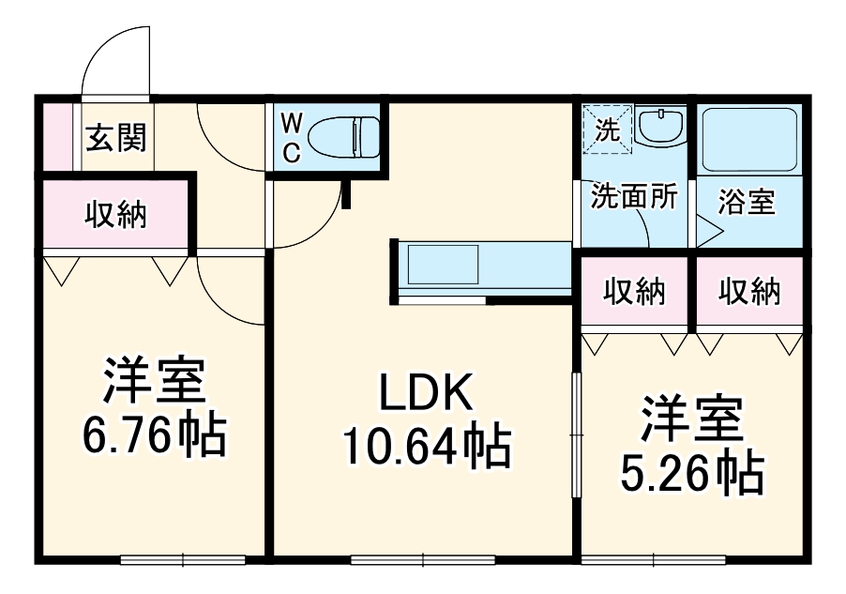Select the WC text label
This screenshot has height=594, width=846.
[292, 137]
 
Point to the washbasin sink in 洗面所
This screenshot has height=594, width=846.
[662, 126]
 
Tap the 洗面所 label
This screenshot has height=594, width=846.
[633, 198]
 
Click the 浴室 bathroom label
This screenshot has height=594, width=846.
[748, 202]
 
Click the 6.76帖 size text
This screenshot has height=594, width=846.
[154, 434]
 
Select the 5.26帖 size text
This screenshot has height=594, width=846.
[691, 474]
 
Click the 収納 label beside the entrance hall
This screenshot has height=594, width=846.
[116, 214]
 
